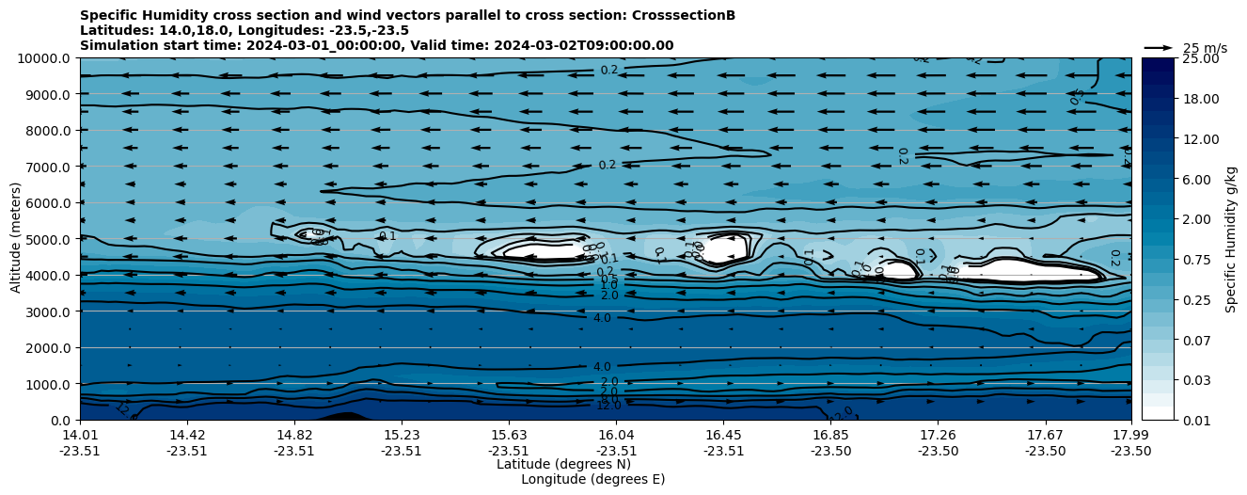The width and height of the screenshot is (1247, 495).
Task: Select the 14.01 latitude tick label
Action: coord(80,435)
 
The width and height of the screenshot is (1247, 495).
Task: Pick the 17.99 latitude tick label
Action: coord(1130,435)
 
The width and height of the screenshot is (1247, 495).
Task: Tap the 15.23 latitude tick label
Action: coord(402,435)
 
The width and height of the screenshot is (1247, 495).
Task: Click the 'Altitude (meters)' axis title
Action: coord(16,239)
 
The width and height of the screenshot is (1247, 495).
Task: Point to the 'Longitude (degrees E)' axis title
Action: coord(592,479)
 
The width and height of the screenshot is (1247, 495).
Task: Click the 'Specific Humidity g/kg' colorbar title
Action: coord(1231,239)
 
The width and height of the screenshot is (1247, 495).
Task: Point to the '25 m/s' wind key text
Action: coord(1205,48)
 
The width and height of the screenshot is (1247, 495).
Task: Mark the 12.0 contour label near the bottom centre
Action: coord(608,406)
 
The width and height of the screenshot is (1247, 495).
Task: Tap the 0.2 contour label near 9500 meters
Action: coord(609,71)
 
